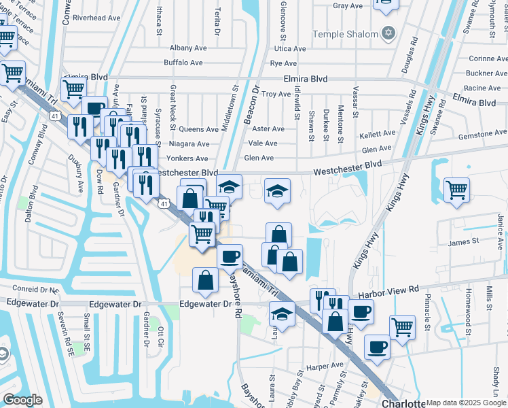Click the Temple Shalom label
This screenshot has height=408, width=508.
(344, 33)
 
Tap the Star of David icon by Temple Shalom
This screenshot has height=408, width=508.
(388, 33)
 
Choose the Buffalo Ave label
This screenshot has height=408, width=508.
(183, 63)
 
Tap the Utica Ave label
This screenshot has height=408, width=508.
(290, 49)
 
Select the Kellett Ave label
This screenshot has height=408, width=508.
(377, 135)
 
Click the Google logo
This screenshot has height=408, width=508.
(22, 399)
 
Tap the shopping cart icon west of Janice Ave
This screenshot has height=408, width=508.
(456, 189)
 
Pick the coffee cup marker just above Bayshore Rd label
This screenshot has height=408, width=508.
(230, 256)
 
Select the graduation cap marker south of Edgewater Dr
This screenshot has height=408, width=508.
(281, 313)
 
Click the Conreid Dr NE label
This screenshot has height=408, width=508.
(30, 288)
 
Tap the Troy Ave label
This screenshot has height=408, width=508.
(276, 95)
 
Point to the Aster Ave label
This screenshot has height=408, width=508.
(268, 129)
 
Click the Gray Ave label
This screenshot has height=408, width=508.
(348, 6)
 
